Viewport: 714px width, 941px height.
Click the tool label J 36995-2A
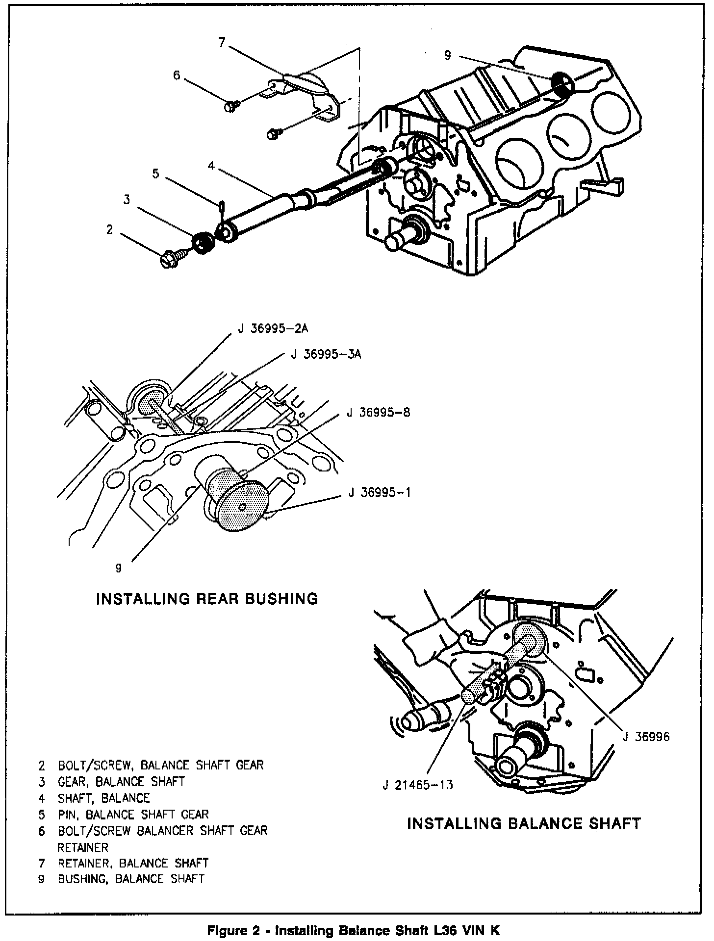tap(273, 329)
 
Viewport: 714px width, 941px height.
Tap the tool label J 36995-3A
tap(326, 354)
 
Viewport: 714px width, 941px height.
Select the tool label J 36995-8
tap(378, 412)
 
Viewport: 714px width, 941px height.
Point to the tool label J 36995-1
tap(380, 492)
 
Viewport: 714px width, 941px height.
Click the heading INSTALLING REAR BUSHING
tap(207, 598)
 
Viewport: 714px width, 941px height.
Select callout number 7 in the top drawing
tap(222, 43)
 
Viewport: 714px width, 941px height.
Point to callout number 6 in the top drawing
tap(177, 75)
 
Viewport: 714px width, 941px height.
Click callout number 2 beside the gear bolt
tap(109, 229)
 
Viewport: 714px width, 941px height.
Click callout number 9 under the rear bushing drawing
tap(118, 568)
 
